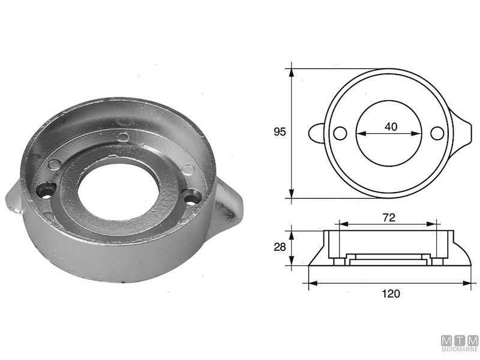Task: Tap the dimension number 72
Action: coord(389,218)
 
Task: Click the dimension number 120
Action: coord(390,294)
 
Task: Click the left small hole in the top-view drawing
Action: coord(340,133)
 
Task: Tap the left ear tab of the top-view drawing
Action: coord(317,133)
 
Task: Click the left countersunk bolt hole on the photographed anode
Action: coord(45,191)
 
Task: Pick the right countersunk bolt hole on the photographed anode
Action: coord(193,196)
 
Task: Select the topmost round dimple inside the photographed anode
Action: coord(123,137)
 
